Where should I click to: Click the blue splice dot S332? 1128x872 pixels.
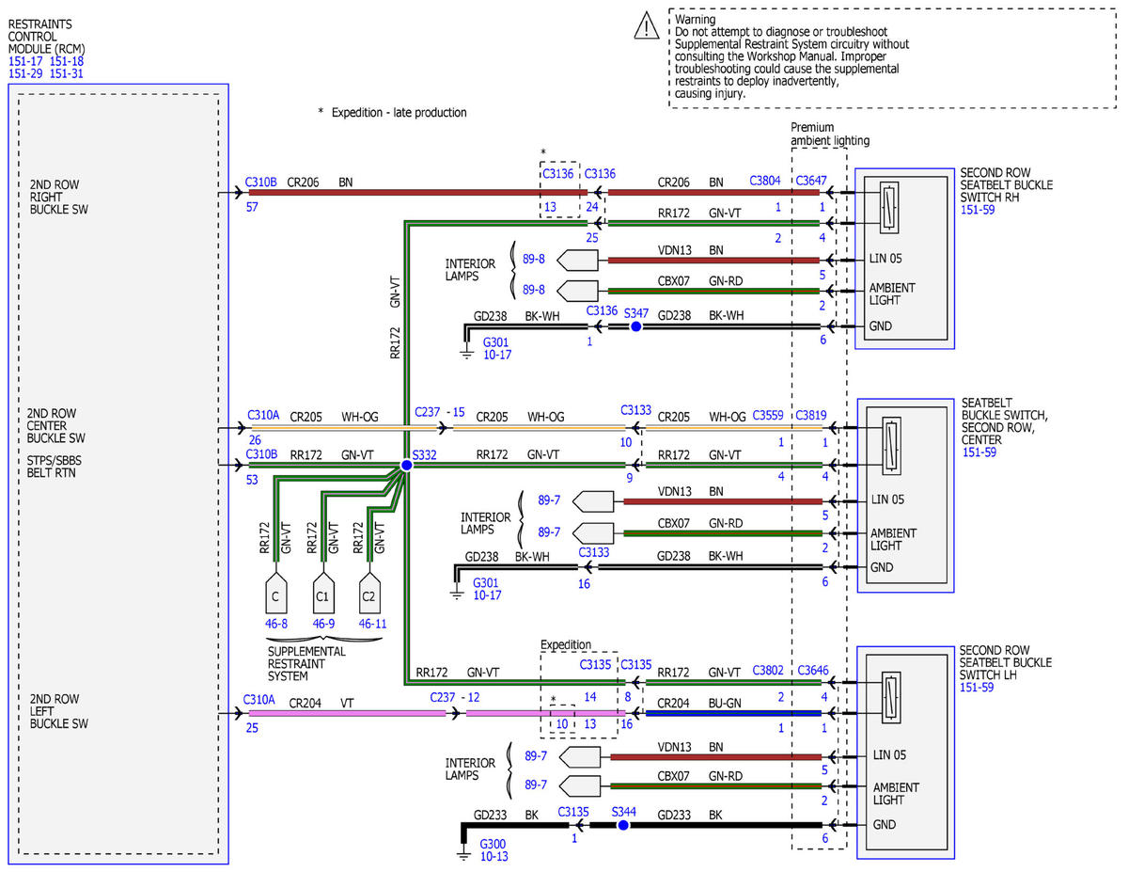pos(406,465)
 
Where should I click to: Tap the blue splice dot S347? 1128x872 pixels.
pos(635,326)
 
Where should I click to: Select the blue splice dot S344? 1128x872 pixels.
pos(623,825)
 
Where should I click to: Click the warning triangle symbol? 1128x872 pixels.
pos(647,25)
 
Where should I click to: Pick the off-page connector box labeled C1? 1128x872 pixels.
pos(323,593)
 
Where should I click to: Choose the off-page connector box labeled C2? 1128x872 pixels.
pos(369,593)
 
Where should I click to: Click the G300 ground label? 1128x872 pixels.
pos(493,844)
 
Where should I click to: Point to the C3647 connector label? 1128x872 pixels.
pos(811,181)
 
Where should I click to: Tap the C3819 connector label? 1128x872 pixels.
pos(811,415)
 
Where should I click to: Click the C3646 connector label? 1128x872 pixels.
pos(813,670)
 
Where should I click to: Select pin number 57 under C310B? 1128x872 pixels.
pos(252,207)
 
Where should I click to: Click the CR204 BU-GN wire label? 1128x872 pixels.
pos(698,704)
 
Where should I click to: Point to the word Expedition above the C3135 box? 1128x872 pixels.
pos(565,644)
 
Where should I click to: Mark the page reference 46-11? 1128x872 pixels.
pos(372,624)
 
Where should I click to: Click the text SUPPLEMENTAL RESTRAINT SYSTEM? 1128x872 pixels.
pos(306,664)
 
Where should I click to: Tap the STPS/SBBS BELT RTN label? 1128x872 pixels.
pos(54,467)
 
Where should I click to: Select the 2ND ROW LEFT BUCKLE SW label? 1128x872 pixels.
pos(58,711)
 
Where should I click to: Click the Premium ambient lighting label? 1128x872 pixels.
pos(829,134)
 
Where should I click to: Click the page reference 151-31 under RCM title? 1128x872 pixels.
pos(67,73)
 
